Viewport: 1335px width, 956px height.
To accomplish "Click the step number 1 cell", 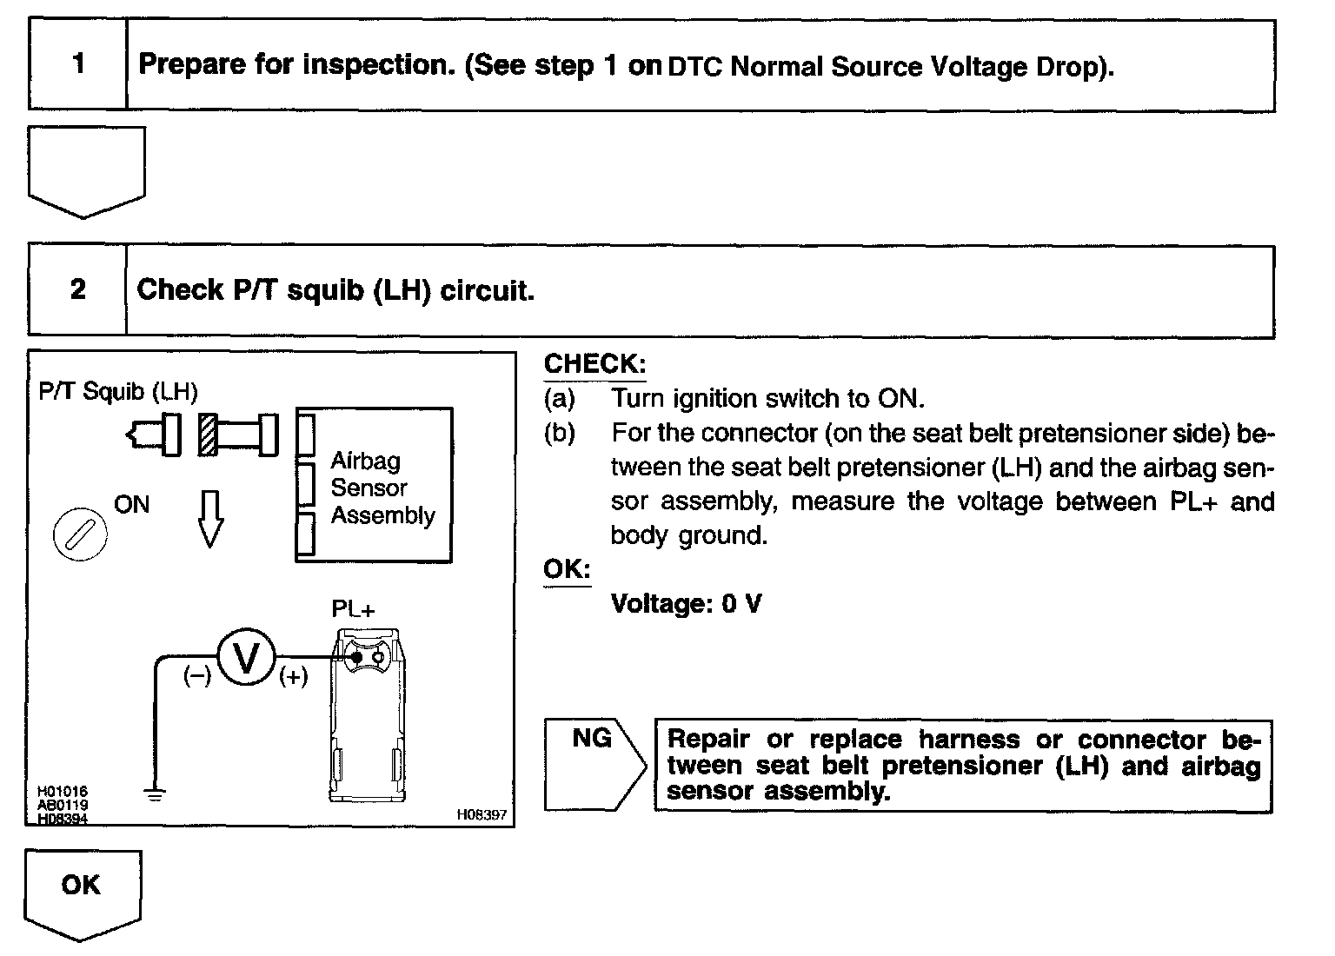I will click(x=78, y=64).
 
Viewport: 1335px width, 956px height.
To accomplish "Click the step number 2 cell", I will click(x=78, y=289).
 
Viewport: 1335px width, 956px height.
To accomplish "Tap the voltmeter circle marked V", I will click(x=246, y=658).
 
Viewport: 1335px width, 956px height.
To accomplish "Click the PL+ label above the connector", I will click(x=354, y=609).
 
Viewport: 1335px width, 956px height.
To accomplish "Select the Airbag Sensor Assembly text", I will click(x=382, y=488).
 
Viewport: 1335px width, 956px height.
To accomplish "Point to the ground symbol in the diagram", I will click(x=155, y=793).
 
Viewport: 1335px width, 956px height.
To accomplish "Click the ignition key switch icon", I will click(x=80, y=532).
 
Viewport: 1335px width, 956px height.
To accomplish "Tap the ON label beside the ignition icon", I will click(x=132, y=505).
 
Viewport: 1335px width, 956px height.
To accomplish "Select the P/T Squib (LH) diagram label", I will click(x=118, y=391).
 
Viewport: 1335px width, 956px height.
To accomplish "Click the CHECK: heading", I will click(x=594, y=364).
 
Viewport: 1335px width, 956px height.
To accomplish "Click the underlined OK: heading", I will click(x=567, y=570).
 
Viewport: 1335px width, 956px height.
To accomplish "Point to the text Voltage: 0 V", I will click(x=686, y=604).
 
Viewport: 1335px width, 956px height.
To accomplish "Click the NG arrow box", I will click(x=594, y=763).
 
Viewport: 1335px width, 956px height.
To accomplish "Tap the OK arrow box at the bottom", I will click(x=82, y=890).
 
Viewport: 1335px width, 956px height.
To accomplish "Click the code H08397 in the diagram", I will click(x=481, y=815).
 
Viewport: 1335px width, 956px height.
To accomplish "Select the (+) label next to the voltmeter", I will click(x=294, y=677).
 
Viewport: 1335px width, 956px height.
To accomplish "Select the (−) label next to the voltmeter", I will click(x=196, y=677).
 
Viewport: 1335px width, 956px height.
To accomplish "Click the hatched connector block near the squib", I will click(x=209, y=434).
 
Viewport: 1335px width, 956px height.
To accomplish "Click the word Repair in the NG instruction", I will click(x=707, y=740).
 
